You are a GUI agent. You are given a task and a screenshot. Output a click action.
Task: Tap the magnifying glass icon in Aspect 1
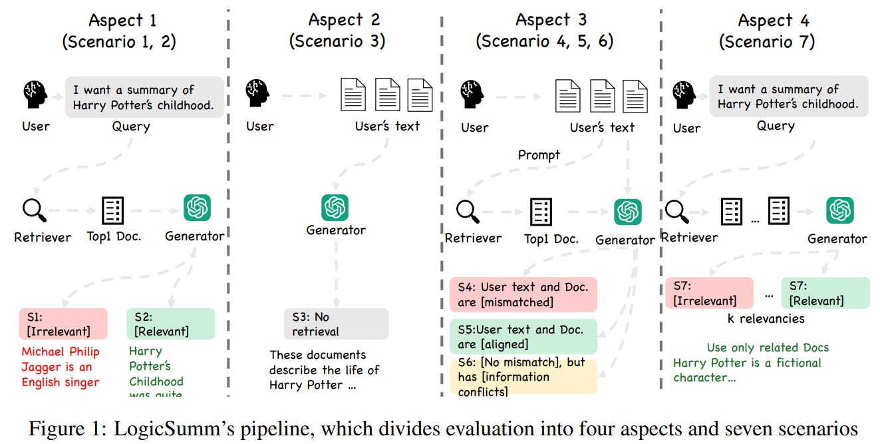[x=34, y=210]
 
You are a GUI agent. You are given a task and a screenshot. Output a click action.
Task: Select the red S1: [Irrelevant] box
[x=63, y=324]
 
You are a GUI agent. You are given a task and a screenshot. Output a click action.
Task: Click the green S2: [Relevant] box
[x=170, y=324]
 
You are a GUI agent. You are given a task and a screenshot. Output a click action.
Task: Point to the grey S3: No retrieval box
[x=336, y=324]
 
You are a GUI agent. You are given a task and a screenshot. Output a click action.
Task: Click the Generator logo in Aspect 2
[x=335, y=208]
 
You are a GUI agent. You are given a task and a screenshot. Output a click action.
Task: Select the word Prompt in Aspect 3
[x=539, y=155]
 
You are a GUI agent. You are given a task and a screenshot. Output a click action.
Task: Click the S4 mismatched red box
[x=523, y=294]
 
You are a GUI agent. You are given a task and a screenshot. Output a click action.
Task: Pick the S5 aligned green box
[x=523, y=336]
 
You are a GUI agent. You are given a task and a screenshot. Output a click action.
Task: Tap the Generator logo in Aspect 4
[x=840, y=211]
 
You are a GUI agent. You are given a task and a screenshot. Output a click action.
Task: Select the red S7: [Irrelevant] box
[x=709, y=293]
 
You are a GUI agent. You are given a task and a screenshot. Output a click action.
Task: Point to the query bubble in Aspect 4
[x=788, y=97]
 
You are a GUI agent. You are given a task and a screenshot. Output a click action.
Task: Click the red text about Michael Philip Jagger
[x=60, y=367]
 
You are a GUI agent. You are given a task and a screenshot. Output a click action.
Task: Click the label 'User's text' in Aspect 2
[x=387, y=126]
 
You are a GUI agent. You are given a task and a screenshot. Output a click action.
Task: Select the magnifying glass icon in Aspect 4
[x=677, y=211]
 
